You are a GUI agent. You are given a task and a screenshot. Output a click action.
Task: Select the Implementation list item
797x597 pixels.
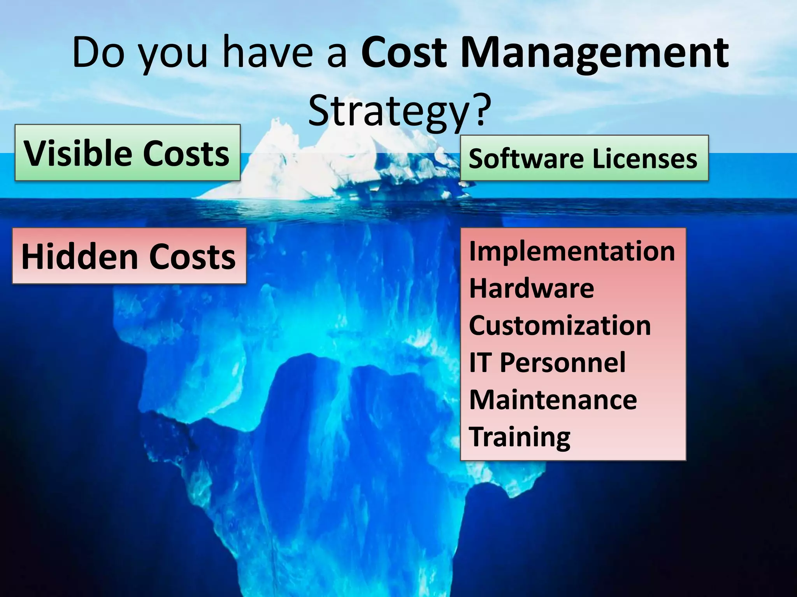pos(572,251)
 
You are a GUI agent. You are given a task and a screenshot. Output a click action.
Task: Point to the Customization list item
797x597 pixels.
pos(560,325)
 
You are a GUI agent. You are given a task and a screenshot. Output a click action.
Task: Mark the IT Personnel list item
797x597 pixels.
pos(547,363)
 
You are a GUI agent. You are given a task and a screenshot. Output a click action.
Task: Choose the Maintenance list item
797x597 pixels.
pos(553,400)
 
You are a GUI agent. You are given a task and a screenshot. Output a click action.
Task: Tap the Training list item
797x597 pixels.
pos(520,437)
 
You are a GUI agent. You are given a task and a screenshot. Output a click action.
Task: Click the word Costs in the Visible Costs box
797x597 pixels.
pos(186,153)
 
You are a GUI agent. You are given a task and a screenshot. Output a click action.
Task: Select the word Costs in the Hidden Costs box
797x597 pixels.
pos(192,257)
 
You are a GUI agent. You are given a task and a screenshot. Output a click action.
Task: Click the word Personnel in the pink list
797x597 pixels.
pos(562,363)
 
